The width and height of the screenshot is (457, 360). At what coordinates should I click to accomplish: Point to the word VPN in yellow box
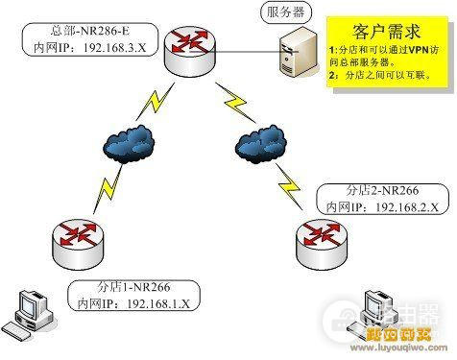pos(414,47)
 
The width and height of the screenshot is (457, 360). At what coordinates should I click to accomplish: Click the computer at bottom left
pos(27,313)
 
